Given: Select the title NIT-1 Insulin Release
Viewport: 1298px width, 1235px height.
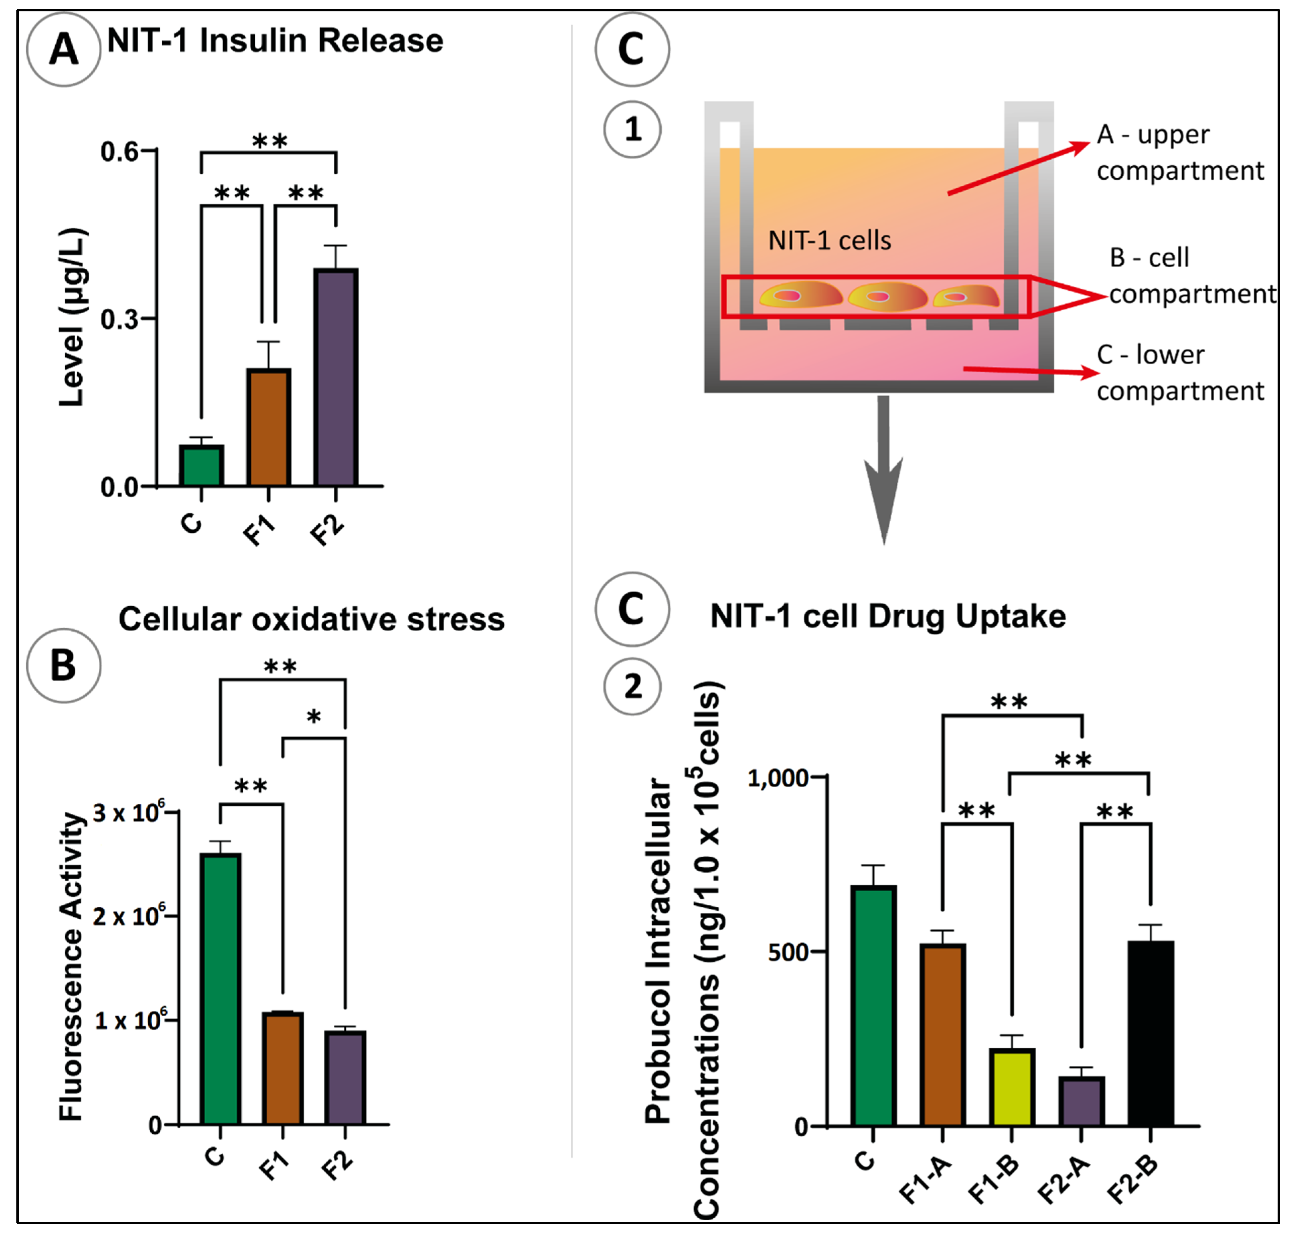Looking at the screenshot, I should coord(275,41).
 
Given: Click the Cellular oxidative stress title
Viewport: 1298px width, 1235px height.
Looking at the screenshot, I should coord(312,619).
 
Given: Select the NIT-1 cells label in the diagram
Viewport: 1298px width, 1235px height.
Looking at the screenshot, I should coord(829,241).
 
